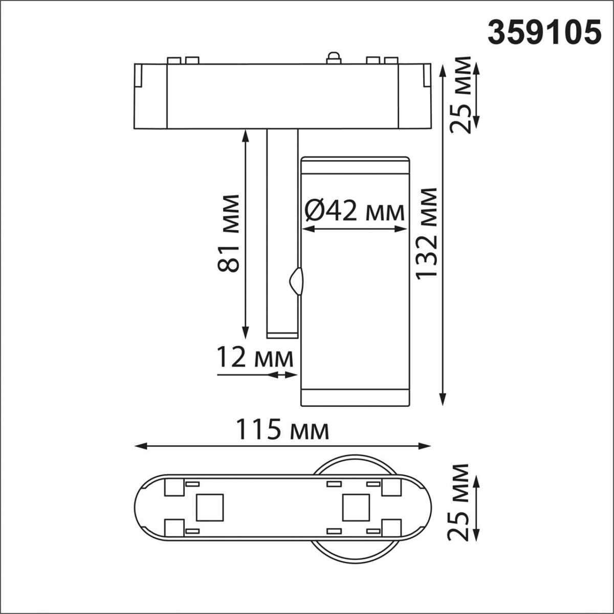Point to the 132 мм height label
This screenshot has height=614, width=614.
tap(426, 233)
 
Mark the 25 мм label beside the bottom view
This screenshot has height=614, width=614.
tap(458, 502)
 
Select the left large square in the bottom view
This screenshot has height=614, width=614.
tap(210, 507)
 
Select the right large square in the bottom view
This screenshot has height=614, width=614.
tap(356, 507)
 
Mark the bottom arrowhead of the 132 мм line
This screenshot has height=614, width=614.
tap(443, 400)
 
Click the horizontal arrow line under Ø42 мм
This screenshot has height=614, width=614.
tap(354, 229)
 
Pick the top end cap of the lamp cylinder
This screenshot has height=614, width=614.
tap(355, 165)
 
